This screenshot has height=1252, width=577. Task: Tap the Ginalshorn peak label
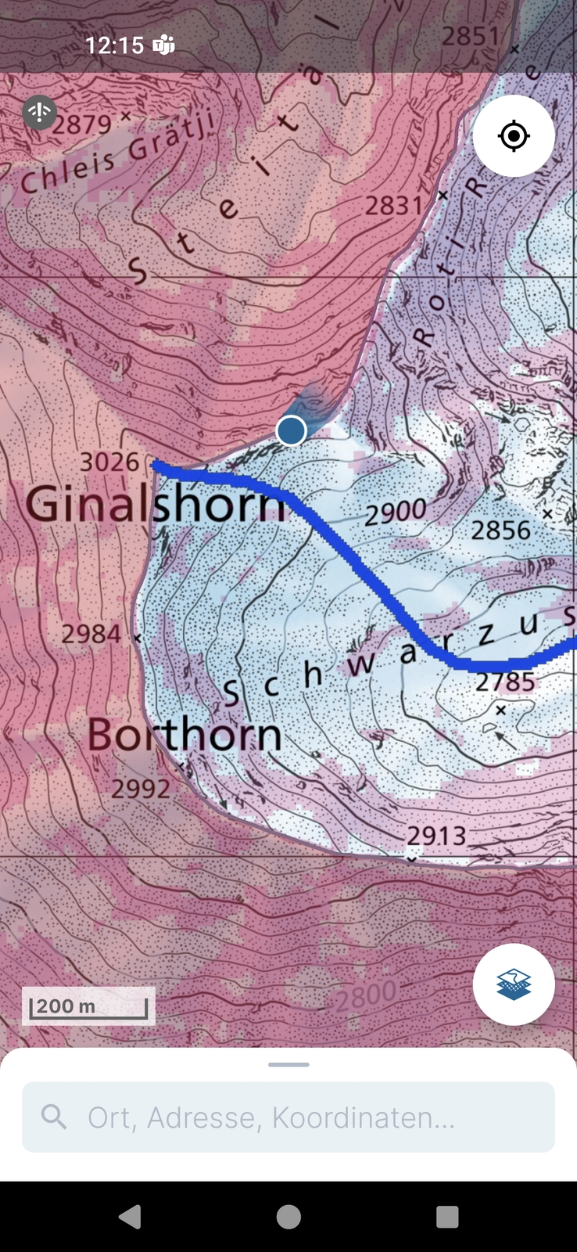click(156, 503)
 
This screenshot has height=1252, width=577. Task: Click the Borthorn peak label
click(185, 735)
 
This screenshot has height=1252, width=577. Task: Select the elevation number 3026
click(109, 462)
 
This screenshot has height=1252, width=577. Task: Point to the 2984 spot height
click(91, 634)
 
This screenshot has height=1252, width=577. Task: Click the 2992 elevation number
click(141, 788)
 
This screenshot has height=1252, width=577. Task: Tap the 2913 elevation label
click(436, 836)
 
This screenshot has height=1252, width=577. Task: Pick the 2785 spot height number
click(505, 682)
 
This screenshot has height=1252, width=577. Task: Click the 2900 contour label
click(396, 513)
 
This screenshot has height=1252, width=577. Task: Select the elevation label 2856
click(500, 531)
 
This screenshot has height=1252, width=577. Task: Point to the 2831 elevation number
click(394, 206)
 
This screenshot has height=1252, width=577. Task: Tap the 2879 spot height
click(82, 124)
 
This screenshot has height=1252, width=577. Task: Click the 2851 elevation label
click(470, 36)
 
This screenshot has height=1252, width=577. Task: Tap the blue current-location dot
click(292, 430)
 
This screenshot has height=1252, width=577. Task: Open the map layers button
click(514, 984)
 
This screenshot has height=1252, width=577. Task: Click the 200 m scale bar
click(88, 1006)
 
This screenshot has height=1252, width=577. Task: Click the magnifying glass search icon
click(54, 1117)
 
